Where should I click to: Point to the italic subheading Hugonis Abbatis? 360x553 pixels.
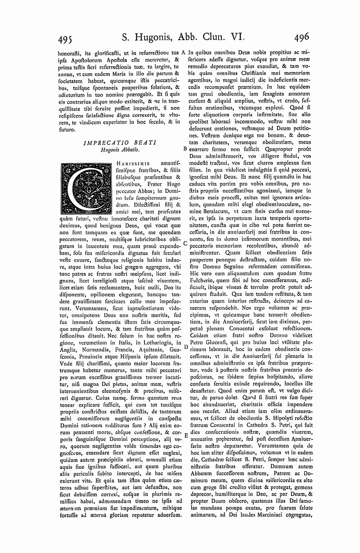(x=120, y=150)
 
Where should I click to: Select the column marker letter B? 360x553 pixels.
(x=185, y=148)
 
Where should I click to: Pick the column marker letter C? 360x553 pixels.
(x=185, y=244)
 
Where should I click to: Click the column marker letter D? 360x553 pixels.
(x=186, y=347)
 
